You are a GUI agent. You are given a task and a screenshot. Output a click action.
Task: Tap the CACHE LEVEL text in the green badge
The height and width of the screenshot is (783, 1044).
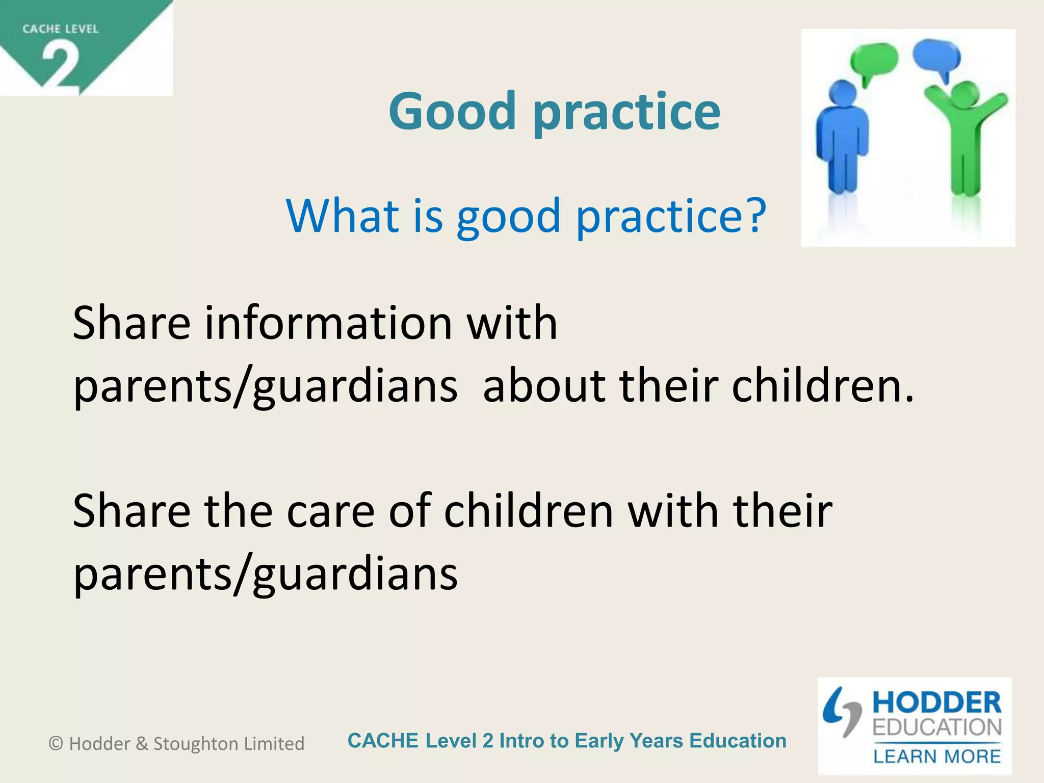tap(60, 29)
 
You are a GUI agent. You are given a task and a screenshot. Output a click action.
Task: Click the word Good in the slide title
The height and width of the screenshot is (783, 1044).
tap(452, 111)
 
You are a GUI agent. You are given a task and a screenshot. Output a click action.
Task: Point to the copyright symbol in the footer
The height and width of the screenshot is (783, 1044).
tap(56, 743)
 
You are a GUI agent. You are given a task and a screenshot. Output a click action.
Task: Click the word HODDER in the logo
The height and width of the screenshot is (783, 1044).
tap(936, 703)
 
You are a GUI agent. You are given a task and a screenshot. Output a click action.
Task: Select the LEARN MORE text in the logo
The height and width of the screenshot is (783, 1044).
tap(937, 756)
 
